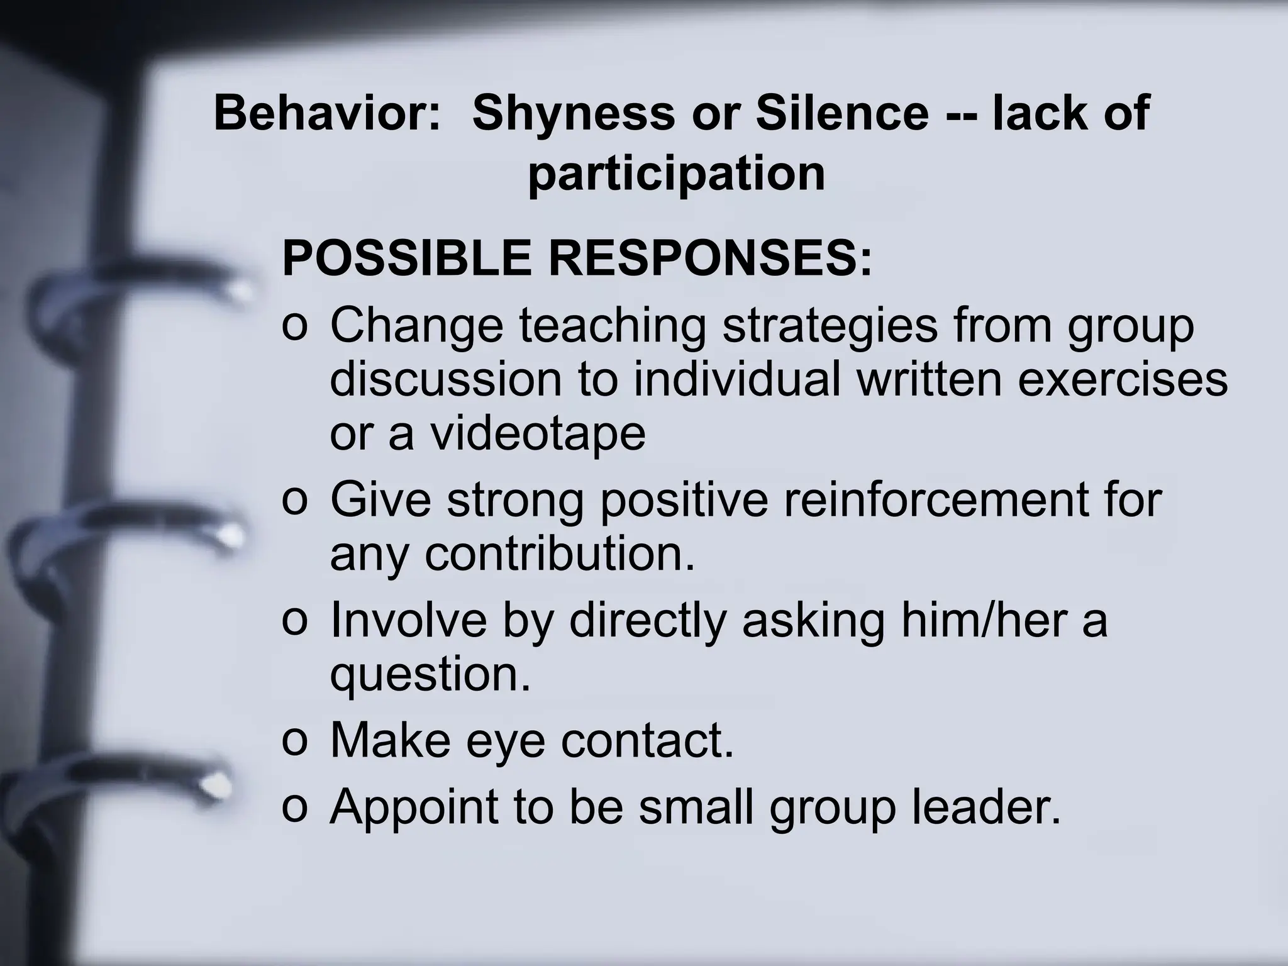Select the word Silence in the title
[842, 113]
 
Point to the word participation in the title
[676, 173]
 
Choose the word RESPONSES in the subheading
[711, 258]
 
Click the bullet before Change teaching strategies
[294, 328]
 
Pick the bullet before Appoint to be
[294, 808]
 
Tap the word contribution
[560, 555]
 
